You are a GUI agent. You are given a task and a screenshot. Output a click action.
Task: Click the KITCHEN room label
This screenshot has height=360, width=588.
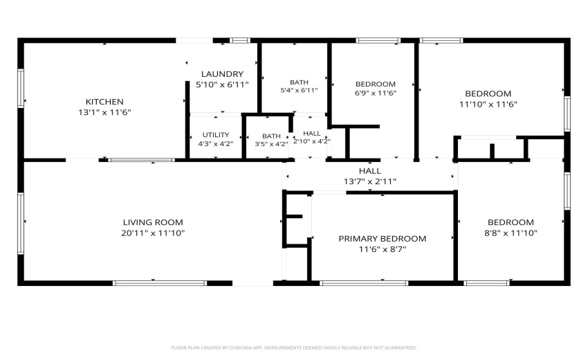104,102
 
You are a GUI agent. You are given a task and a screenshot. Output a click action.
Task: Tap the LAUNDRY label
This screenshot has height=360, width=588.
222,74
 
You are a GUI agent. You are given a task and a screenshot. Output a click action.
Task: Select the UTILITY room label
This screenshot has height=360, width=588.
216,135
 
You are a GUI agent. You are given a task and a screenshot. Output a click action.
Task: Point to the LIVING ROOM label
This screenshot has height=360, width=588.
153,222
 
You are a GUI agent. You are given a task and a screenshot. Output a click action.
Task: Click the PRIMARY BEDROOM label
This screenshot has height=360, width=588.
382,239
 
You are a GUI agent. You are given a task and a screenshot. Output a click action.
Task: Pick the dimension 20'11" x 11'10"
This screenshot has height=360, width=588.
153,233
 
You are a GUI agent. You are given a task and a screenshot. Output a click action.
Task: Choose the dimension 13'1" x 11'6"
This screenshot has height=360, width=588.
104,112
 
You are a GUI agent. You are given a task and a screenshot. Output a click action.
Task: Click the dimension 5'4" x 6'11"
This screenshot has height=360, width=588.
300,91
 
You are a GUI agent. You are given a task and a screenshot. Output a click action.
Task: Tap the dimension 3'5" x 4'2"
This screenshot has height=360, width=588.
271,144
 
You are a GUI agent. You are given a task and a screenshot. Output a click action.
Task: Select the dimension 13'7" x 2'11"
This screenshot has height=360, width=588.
370,181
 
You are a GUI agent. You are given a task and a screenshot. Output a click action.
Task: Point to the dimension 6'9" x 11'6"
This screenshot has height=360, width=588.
376,93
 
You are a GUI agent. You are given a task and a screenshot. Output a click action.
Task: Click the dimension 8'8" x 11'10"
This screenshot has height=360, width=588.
511,233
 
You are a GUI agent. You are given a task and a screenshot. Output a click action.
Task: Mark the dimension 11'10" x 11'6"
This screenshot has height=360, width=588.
488,105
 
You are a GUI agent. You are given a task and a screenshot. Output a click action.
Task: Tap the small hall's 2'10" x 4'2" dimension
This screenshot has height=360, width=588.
311,141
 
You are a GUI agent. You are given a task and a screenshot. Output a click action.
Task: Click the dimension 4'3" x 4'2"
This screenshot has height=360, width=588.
216,144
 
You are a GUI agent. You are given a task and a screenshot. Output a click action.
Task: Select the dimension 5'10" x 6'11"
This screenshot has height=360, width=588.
222,85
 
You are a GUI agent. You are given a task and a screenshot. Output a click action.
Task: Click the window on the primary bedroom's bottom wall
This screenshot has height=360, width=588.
363,283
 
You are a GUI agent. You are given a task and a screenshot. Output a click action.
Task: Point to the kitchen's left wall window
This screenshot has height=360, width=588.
21,88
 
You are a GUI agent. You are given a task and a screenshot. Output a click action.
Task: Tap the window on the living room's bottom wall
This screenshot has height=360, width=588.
160,283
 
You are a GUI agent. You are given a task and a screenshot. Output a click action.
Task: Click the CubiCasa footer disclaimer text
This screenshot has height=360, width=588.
293,348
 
